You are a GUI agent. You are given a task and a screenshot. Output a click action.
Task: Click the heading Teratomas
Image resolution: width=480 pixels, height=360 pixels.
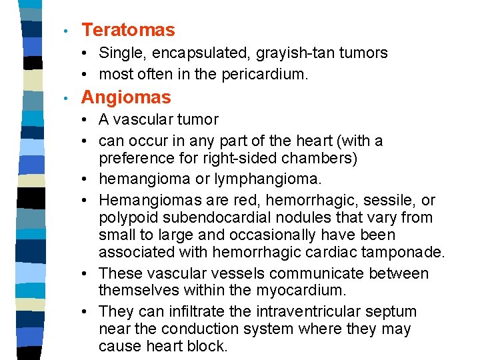tap(128, 30)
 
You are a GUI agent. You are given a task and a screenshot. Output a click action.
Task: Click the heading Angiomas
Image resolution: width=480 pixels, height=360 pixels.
tap(126, 97)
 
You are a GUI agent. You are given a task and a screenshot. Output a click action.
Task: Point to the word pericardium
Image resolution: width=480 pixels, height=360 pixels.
tap(263, 75)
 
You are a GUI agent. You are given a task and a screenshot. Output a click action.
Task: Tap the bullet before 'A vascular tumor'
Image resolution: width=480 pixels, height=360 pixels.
tap(88, 120)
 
